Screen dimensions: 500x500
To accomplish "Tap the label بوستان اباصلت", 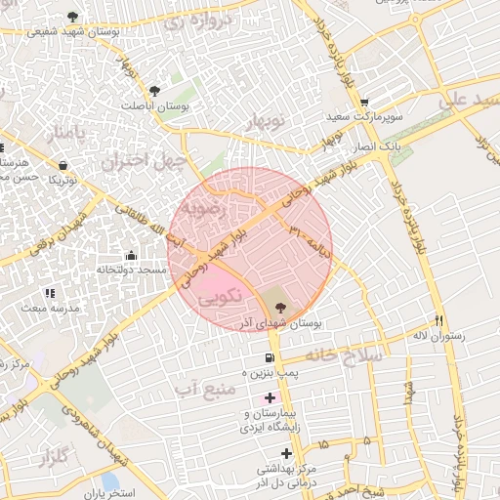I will [161, 105].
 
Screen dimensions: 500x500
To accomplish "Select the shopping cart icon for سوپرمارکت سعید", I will [364, 103].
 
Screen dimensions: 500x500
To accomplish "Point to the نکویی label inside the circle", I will [217, 300].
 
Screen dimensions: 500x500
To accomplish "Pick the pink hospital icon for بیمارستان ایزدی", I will [271, 397].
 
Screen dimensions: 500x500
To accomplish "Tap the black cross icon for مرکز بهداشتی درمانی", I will [286, 453].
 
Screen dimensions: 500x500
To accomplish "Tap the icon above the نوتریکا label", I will [63, 165].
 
